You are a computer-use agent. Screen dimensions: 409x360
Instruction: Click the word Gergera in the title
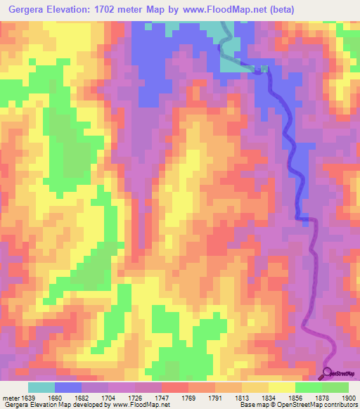[x=25, y=9]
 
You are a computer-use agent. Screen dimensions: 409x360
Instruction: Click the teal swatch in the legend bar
[x=41, y=387]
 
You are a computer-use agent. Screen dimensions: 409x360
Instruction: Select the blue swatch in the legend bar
[x=68, y=387]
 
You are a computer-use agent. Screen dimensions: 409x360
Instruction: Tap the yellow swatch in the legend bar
[x=282, y=387]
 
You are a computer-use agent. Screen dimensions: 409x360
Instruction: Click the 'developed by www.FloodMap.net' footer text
[x=126, y=405]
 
